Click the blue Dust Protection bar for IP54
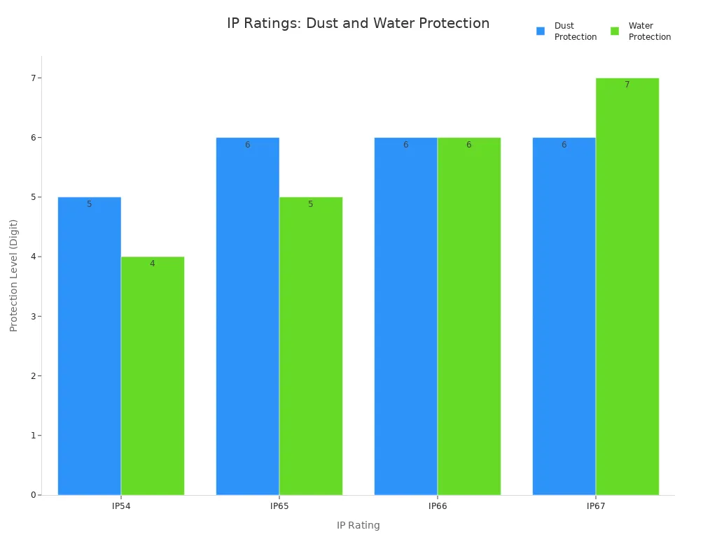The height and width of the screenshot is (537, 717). click(x=90, y=346)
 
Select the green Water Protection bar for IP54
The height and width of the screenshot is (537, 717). click(x=153, y=375)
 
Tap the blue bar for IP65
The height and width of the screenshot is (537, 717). click(x=248, y=316)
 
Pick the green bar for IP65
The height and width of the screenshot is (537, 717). click(x=311, y=346)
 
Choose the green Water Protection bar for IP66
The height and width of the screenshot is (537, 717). click(x=469, y=316)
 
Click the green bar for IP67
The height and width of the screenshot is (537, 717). click(x=627, y=287)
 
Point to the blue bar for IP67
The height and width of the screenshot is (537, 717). click(x=564, y=316)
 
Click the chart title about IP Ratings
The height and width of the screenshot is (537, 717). click(x=358, y=24)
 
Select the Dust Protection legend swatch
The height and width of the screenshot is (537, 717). click(x=541, y=31)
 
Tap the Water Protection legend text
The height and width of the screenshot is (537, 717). click(x=649, y=31)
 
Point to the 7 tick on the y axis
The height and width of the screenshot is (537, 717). click(x=33, y=78)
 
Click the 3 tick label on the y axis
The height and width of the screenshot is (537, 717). click(x=33, y=316)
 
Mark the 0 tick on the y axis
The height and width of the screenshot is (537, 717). click(x=33, y=495)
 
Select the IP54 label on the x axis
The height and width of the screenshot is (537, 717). click(x=121, y=506)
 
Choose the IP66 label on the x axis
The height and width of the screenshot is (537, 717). click(x=438, y=506)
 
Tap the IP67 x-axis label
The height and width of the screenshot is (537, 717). click(x=596, y=506)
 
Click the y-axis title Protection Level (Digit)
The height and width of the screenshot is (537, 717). click(x=14, y=275)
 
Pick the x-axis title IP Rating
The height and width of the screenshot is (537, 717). click(x=358, y=526)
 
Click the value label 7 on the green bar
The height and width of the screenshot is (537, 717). click(x=627, y=85)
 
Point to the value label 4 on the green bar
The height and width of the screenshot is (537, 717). click(x=153, y=264)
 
